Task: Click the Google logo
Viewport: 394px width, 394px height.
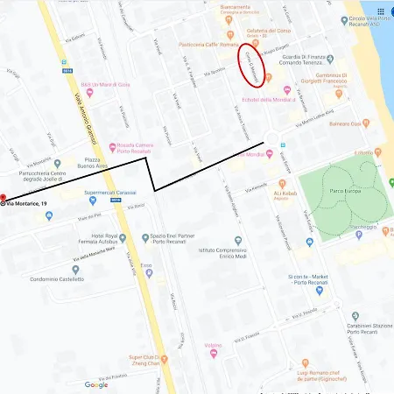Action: coord(96,385)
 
